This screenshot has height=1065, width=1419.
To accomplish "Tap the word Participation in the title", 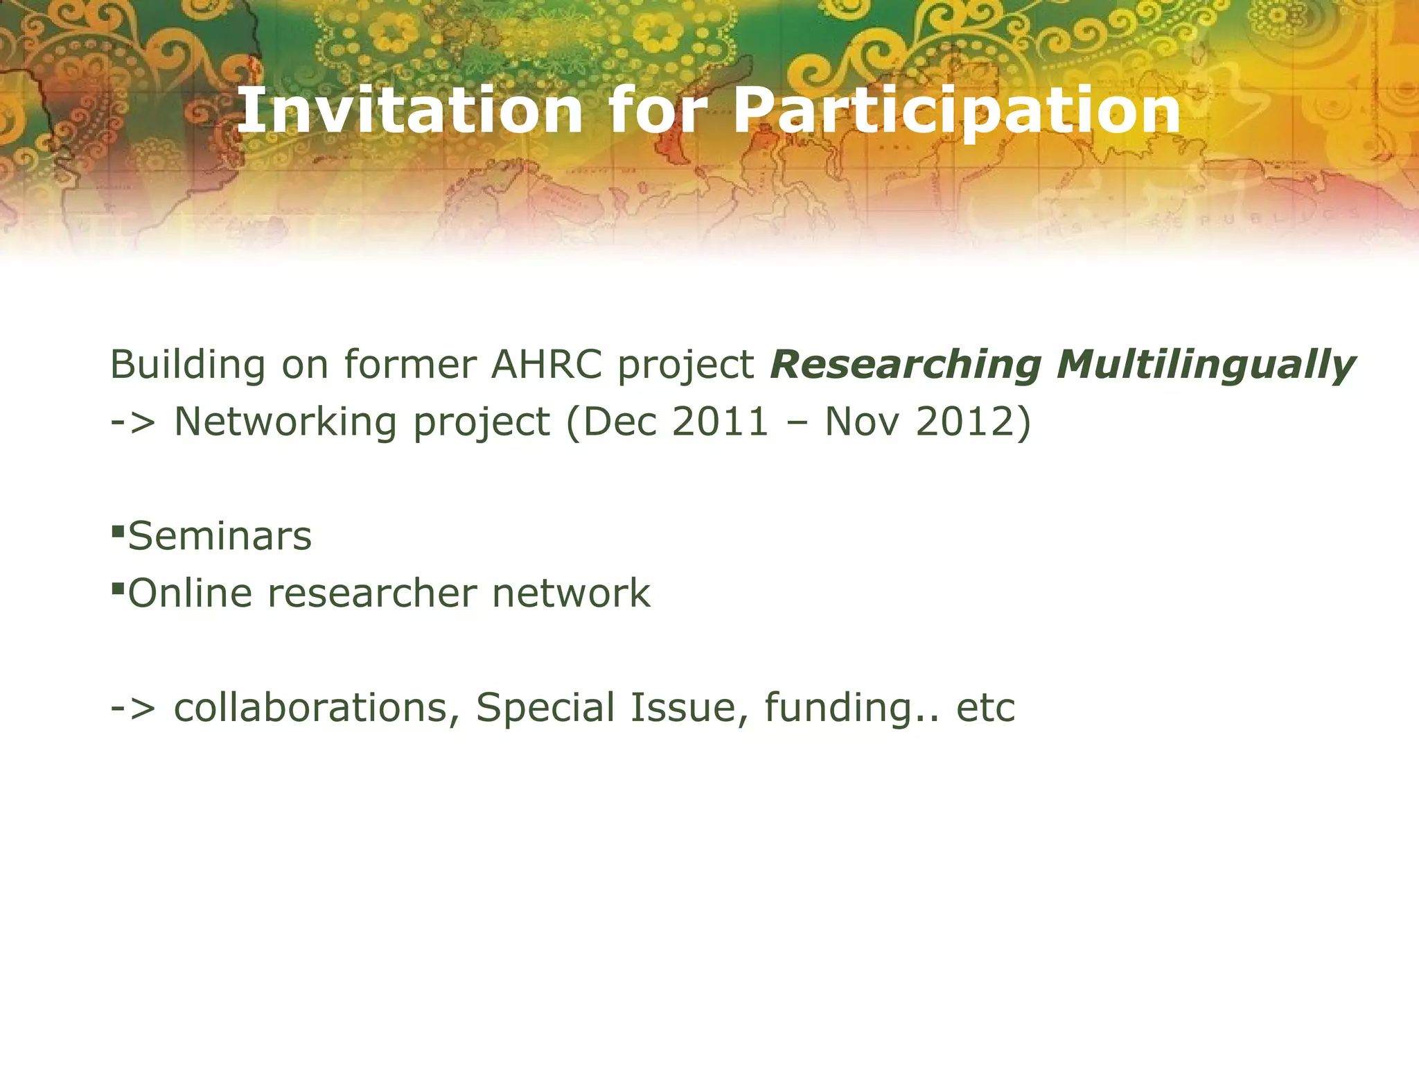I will [956, 111].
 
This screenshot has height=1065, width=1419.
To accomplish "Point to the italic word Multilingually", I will [1206, 366].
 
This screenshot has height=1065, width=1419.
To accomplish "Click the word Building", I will [187, 365].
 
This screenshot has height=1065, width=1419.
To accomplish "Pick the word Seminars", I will [220, 537].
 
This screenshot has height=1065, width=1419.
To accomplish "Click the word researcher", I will [372, 594].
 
